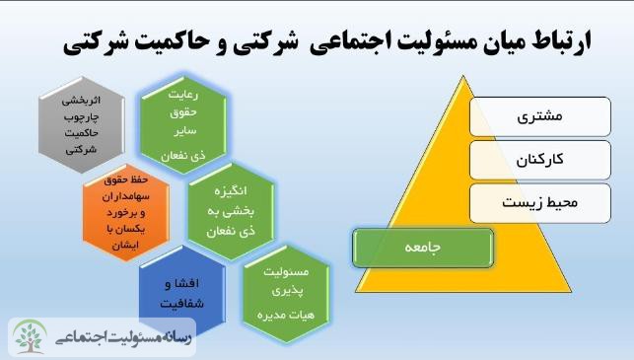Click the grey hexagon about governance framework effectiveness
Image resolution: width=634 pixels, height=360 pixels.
point(81,125)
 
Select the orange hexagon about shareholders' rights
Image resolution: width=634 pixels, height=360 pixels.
point(126,212)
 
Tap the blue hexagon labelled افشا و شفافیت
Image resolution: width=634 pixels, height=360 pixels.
point(182,292)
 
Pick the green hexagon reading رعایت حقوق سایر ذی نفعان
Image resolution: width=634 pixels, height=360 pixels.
point(183,124)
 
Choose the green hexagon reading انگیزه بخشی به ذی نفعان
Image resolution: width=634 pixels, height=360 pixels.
point(231,211)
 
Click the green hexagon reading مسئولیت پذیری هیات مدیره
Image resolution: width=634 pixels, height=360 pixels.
point(286,294)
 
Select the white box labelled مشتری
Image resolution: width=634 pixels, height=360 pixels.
point(540,116)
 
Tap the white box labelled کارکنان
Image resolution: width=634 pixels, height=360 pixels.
point(540,160)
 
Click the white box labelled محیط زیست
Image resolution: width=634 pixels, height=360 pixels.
point(540,203)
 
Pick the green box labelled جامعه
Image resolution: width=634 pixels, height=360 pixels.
point(423,248)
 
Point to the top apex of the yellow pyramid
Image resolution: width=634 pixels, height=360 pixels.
point(463,75)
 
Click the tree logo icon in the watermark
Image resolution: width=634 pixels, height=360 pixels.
point(30,336)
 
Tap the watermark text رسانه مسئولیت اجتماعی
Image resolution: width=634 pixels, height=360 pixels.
point(123,337)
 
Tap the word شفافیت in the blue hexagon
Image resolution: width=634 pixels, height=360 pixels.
point(182,304)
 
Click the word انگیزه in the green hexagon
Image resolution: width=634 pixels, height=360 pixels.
point(231,191)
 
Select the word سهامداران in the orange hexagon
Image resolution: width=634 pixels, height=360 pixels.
point(126,196)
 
